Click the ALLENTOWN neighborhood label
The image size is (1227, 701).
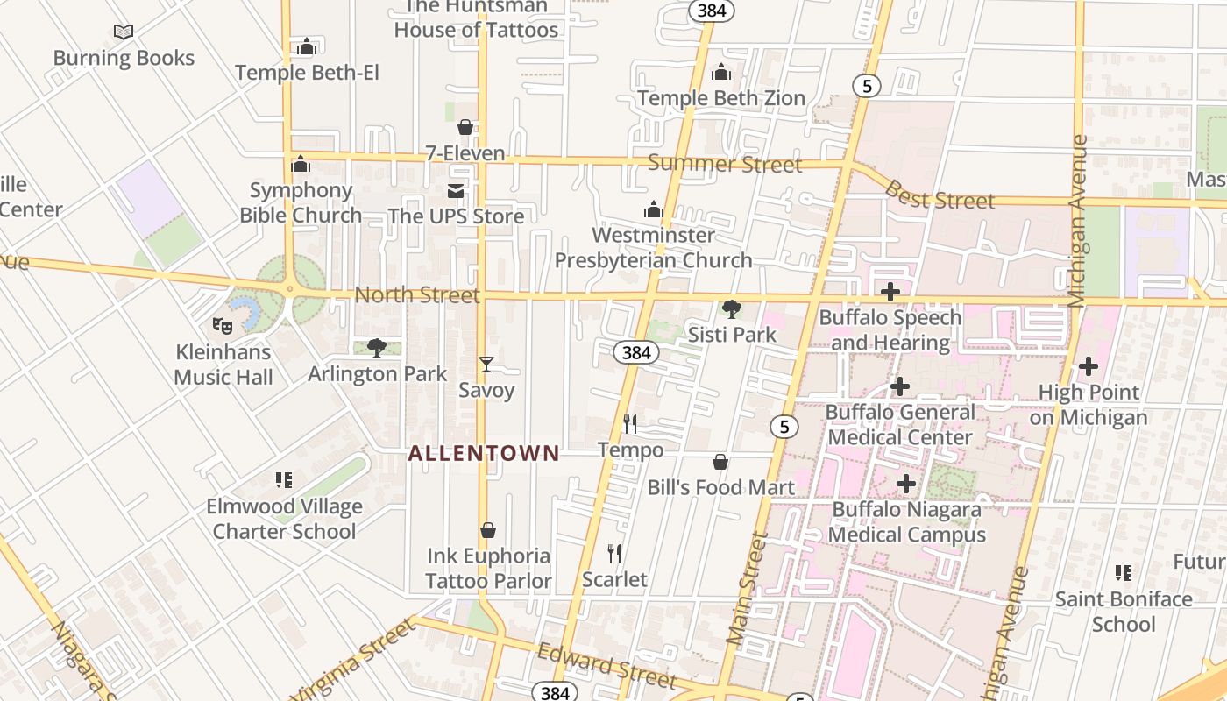tap(484, 453)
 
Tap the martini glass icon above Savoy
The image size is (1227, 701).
tap(486, 365)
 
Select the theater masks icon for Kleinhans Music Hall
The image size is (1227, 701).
tap(223, 325)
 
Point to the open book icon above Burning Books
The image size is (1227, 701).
tap(124, 32)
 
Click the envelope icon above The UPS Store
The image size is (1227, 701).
tap(456, 191)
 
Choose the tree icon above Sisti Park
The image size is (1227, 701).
tap(731, 308)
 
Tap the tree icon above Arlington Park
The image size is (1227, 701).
tap(377, 348)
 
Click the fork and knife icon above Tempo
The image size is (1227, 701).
tap(630, 424)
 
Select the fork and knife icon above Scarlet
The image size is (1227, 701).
tap(614, 554)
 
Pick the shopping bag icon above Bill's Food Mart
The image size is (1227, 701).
tap(720, 462)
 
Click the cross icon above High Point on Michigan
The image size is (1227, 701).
tap(1089, 366)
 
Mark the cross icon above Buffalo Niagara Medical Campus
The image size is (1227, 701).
tap(906, 483)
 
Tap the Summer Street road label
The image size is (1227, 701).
tap(725, 164)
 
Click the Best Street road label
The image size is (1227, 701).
tap(940, 195)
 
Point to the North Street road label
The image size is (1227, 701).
tap(417, 295)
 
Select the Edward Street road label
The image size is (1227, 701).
tap(607, 666)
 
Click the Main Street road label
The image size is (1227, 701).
tap(747, 589)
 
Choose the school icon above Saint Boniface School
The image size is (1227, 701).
tap(1124, 573)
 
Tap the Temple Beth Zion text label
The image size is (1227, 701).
tap(721, 98)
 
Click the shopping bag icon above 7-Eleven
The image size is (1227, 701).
tap(465, 127)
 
